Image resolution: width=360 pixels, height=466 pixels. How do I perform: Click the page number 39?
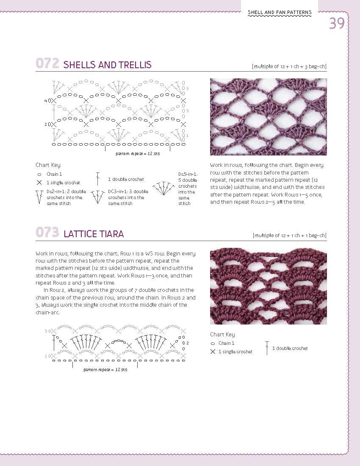pyautogui.click(x=337, y=23)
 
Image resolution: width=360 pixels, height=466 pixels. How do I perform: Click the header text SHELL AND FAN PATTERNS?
pyautogui.click(x=280, y=13)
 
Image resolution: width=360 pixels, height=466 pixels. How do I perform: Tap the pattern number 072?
pyautogui.click(x=47, y=64)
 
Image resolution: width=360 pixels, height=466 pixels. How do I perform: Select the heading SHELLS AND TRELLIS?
pyautogui.click(x=107, y=65)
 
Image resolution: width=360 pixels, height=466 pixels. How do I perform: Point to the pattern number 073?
pyautogui.click(x=47, y=233)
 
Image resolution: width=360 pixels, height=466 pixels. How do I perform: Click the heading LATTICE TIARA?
pyautogui.click(x=94, y=234)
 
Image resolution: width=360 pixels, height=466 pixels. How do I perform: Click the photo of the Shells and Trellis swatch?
pyautogui.click(x=269, y=117)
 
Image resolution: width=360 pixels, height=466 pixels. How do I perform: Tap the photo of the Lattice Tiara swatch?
pyautogui.click(x=269, y=286)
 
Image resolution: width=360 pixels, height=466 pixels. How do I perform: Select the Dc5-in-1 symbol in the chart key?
pyautogui.click(x=164, y=189)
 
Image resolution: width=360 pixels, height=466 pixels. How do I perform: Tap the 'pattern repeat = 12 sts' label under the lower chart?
pyautogui.click(x=105, y=370)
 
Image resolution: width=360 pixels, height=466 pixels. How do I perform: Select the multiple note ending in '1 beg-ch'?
pyautogui.click(x=289, y=236)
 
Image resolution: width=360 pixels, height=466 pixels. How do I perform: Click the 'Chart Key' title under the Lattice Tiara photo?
pyautogui.click(x=222, y=334)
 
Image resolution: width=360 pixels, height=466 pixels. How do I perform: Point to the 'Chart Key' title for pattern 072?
pyautogui.click(x=48, y=165)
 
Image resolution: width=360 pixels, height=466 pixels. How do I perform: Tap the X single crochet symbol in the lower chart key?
pyautogui.click(x=213, y=352)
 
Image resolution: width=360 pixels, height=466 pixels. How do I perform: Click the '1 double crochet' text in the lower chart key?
pyautogui.click(x=290, y=348)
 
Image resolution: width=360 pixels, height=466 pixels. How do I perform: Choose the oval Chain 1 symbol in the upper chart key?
pyautogui.click(x=39, y=174)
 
